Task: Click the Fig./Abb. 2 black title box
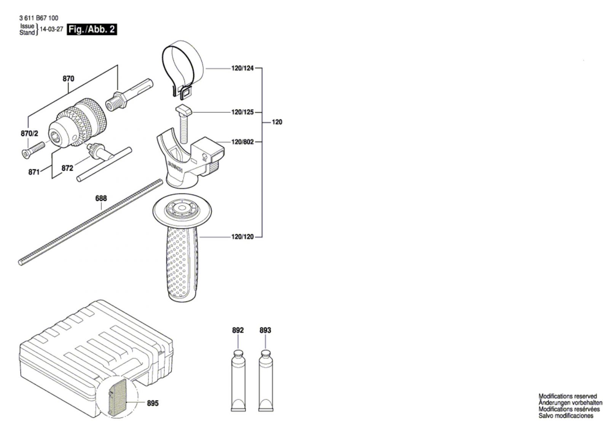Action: tap(92, 29)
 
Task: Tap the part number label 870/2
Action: tap(29, 133)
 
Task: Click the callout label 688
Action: tap(101, 198)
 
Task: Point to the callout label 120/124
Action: tap(242, 69)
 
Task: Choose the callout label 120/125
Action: tap(242, 112)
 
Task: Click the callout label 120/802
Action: tap(242, 142)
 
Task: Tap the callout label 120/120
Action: tap(242, 237)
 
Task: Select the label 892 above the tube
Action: tap(238, 330)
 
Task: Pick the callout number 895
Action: tap(153, 403)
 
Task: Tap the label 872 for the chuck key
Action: tap(67, 168)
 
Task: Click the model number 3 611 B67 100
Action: tap(38, 18)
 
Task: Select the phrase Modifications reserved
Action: tap(568, 396)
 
